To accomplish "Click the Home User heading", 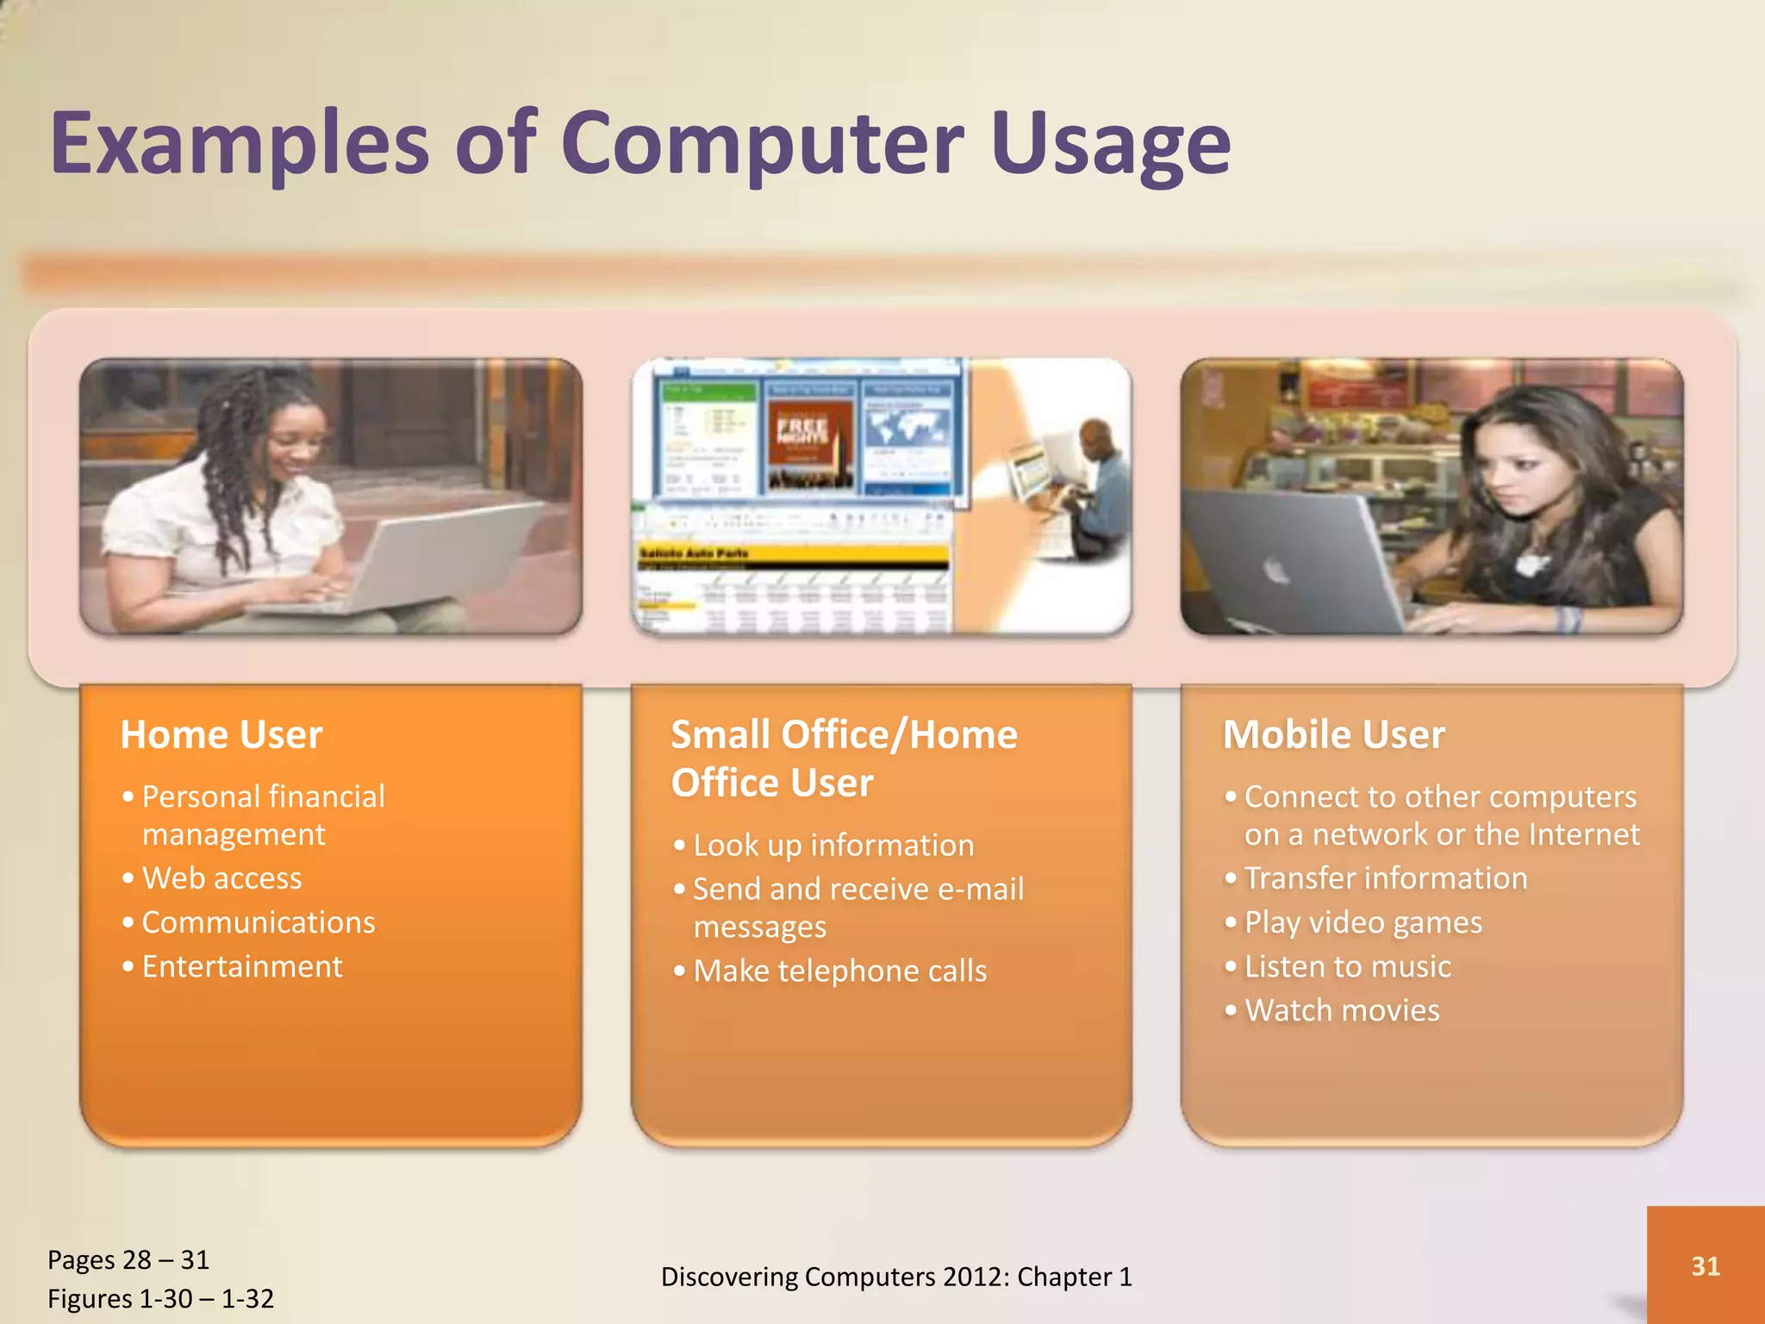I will click(x=221, y=735).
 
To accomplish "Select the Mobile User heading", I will click(x=1333, y=735).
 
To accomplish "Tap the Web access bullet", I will click(x=221, y=878).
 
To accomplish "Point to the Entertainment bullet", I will click(x=241, y=966).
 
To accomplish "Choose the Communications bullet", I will click(x=258, y=922).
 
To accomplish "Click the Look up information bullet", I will click(x=833, y=846).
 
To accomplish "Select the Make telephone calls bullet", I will click(x=839, y=971).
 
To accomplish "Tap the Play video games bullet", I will click(x=1363, y=922).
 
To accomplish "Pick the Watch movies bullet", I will click(x=1341, y=1010).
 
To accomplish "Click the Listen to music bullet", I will click(x=1347, y=966).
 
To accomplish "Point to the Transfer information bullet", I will click(x=1385, y=878).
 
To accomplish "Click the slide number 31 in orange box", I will click(x=1705, y=1265).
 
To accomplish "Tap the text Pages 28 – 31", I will click(x=128, y=1260).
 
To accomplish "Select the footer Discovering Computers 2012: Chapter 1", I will click(x=895, y=1277).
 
